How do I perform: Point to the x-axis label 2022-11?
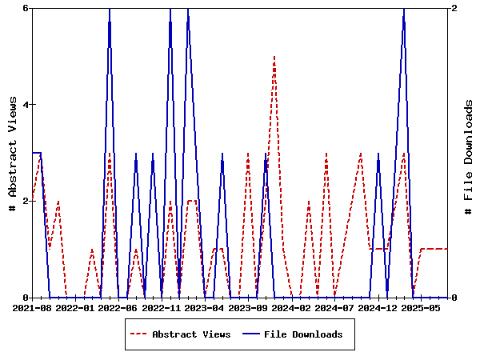[162, 307]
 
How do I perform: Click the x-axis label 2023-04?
[206, 307]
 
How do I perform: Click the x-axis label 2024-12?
[378, 307]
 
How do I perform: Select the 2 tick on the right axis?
[454, 8]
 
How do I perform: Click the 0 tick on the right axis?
[454, 298]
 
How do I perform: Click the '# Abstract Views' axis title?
[12, 153]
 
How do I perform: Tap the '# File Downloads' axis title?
[469, 153]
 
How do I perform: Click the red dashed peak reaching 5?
[274, 57]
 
